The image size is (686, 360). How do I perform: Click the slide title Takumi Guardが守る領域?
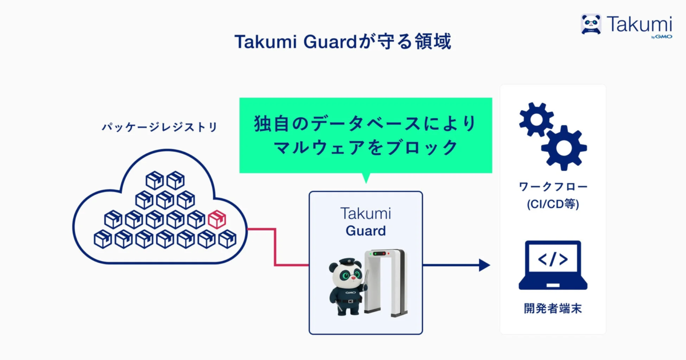342,42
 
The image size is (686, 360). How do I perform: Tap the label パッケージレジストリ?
159,127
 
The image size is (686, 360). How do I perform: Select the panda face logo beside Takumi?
591,24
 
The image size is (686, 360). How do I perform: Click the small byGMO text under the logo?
661,37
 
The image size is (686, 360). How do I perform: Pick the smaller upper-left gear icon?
536,119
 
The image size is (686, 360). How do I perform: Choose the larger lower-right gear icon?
564,147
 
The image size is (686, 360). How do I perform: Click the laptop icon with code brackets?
553,265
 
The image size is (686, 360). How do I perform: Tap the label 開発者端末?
553,309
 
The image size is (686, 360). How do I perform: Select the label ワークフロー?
553,187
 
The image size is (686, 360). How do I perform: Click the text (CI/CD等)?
553,204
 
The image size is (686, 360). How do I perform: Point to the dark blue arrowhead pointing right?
484,265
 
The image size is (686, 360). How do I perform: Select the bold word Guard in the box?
366,231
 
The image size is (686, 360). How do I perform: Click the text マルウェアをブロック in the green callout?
366,147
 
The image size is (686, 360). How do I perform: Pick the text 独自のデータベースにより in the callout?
366,124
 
